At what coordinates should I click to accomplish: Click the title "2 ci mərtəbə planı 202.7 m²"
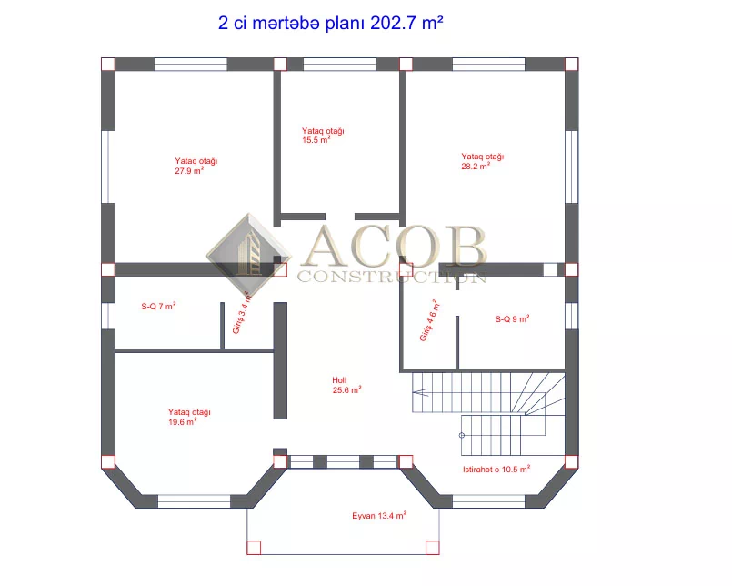[330, 23]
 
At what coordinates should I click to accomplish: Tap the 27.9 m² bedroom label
[196, 166]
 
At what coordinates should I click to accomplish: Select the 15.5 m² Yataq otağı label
[323, 136]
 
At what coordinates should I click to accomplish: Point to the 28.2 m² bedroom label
[482, 161]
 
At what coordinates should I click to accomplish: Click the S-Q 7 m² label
[158, 306]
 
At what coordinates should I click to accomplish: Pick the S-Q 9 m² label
[512, 318]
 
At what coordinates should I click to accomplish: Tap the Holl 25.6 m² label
[346, 386]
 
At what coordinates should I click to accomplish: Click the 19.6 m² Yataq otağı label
[189, 417]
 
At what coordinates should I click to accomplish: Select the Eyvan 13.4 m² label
[379, 515]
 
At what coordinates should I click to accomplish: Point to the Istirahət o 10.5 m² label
[496, 470]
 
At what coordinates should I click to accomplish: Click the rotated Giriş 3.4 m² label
[242, 314]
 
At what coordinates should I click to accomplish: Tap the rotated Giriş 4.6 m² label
[430, 320]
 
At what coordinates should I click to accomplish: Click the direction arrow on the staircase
[421, 392]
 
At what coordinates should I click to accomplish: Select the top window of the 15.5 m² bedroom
[339, 64]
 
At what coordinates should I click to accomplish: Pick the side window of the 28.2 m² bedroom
[572, 167]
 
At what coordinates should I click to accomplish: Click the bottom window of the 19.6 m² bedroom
[194, 501]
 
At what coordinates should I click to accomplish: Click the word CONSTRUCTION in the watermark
[392, 277]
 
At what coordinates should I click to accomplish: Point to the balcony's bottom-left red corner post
[254, 548]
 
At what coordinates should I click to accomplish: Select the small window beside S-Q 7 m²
[108, 316]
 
